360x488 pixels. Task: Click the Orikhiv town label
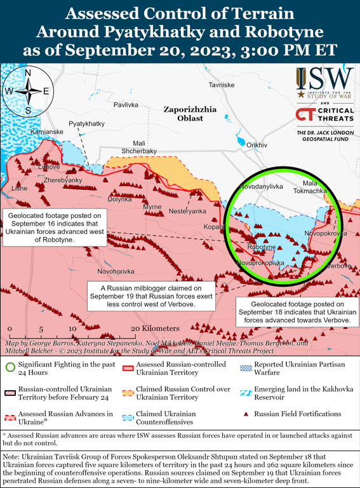click(257, 146)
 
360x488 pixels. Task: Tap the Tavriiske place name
click(222, 85)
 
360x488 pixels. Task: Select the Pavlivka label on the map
click(126, 104)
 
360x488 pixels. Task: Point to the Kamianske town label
click(46, 131)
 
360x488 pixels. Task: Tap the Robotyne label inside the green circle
click(261, 247)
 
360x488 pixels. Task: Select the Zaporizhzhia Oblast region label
click(190, 114)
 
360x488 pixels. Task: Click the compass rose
click(28, 91)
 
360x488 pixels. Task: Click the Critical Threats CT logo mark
click(305, 115)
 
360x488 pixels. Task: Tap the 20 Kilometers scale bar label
click(156, 328)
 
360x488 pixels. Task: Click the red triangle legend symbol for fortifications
click(244, 414)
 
